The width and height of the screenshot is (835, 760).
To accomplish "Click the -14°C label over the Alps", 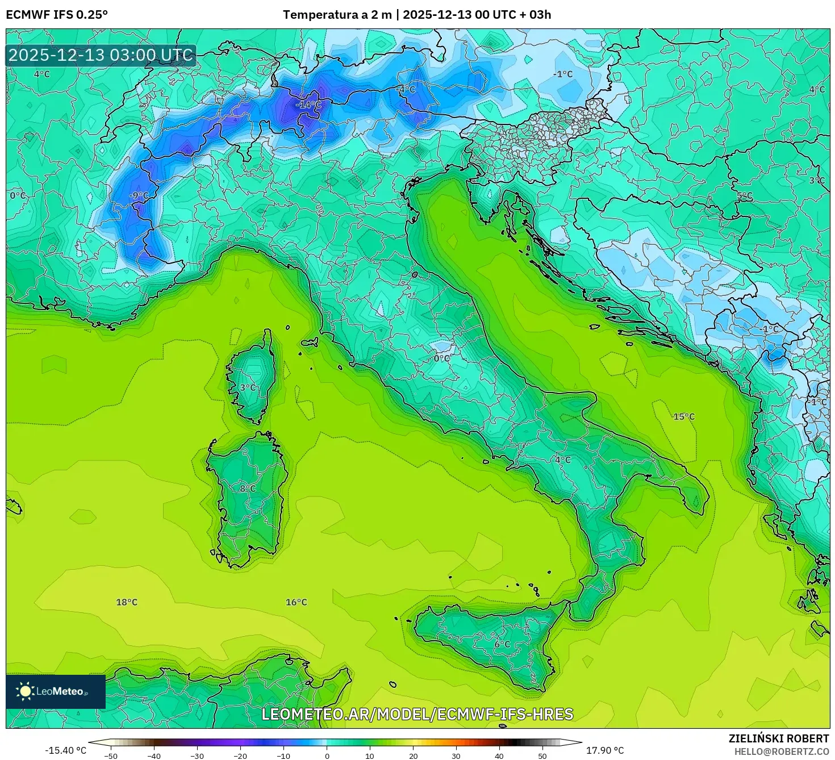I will click(x=308, y=105).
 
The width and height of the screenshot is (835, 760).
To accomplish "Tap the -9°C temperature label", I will click(x=138, y=196).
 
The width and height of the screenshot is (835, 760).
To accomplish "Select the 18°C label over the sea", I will click(x=127, y=602).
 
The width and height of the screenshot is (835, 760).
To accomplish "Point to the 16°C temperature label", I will click(x=296, y=602).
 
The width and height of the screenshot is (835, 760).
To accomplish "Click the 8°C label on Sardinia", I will click(x=247, y=488).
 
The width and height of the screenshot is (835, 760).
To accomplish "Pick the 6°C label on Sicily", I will click(x=502, y=645).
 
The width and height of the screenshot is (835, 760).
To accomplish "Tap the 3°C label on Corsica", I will click(x=247, y=388).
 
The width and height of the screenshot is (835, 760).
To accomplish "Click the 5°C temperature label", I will click(x=744, y=196).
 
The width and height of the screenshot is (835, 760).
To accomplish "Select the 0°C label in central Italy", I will click(x=441, y=358).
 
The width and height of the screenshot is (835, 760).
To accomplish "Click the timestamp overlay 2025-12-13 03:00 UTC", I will click(x=101, y=56).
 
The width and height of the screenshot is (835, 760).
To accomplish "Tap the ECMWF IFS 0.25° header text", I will click(x=57, y=15).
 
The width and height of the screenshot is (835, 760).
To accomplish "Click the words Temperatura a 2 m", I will click(x=337, y=15).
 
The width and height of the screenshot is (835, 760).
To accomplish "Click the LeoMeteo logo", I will click(x=56, y=691).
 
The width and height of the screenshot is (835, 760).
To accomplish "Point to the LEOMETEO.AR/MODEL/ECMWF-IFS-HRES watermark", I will click(x=417, y=714).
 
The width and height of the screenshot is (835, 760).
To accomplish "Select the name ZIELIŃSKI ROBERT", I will click(x=778, y=738).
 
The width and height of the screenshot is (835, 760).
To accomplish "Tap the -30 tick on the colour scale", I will click(x=197, y=756).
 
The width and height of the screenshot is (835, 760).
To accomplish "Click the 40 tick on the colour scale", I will click(x=499, y=756).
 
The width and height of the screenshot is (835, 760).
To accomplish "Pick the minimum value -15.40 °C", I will click(x=65, y=750).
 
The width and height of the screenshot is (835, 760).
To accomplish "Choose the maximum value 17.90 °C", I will click(x=605, y=750).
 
